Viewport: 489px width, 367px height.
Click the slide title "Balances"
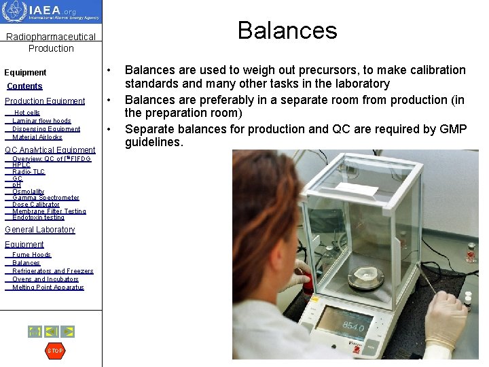click(287, 31)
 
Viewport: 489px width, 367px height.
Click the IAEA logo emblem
click(15, 12)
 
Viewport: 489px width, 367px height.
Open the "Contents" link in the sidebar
click(24, 86)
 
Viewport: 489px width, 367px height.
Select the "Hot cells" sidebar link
click(27, 113)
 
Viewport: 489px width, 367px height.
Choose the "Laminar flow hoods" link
click(41, 121)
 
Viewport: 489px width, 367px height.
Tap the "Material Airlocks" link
click(37, 137)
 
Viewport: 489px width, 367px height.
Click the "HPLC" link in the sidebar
click(21, 165)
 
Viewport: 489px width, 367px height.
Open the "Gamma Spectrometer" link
click(46, 198)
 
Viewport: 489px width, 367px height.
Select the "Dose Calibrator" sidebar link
click(36, 205)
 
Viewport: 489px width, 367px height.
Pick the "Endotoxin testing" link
click(38, 217)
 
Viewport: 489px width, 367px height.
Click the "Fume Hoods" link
click(31, 255)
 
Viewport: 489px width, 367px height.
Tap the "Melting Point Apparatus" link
click(48, 287)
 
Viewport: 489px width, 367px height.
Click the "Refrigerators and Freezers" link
click(53, 271)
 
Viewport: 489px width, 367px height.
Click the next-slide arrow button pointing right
click(68, 332)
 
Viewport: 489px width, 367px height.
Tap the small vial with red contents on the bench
click(471, 252)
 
